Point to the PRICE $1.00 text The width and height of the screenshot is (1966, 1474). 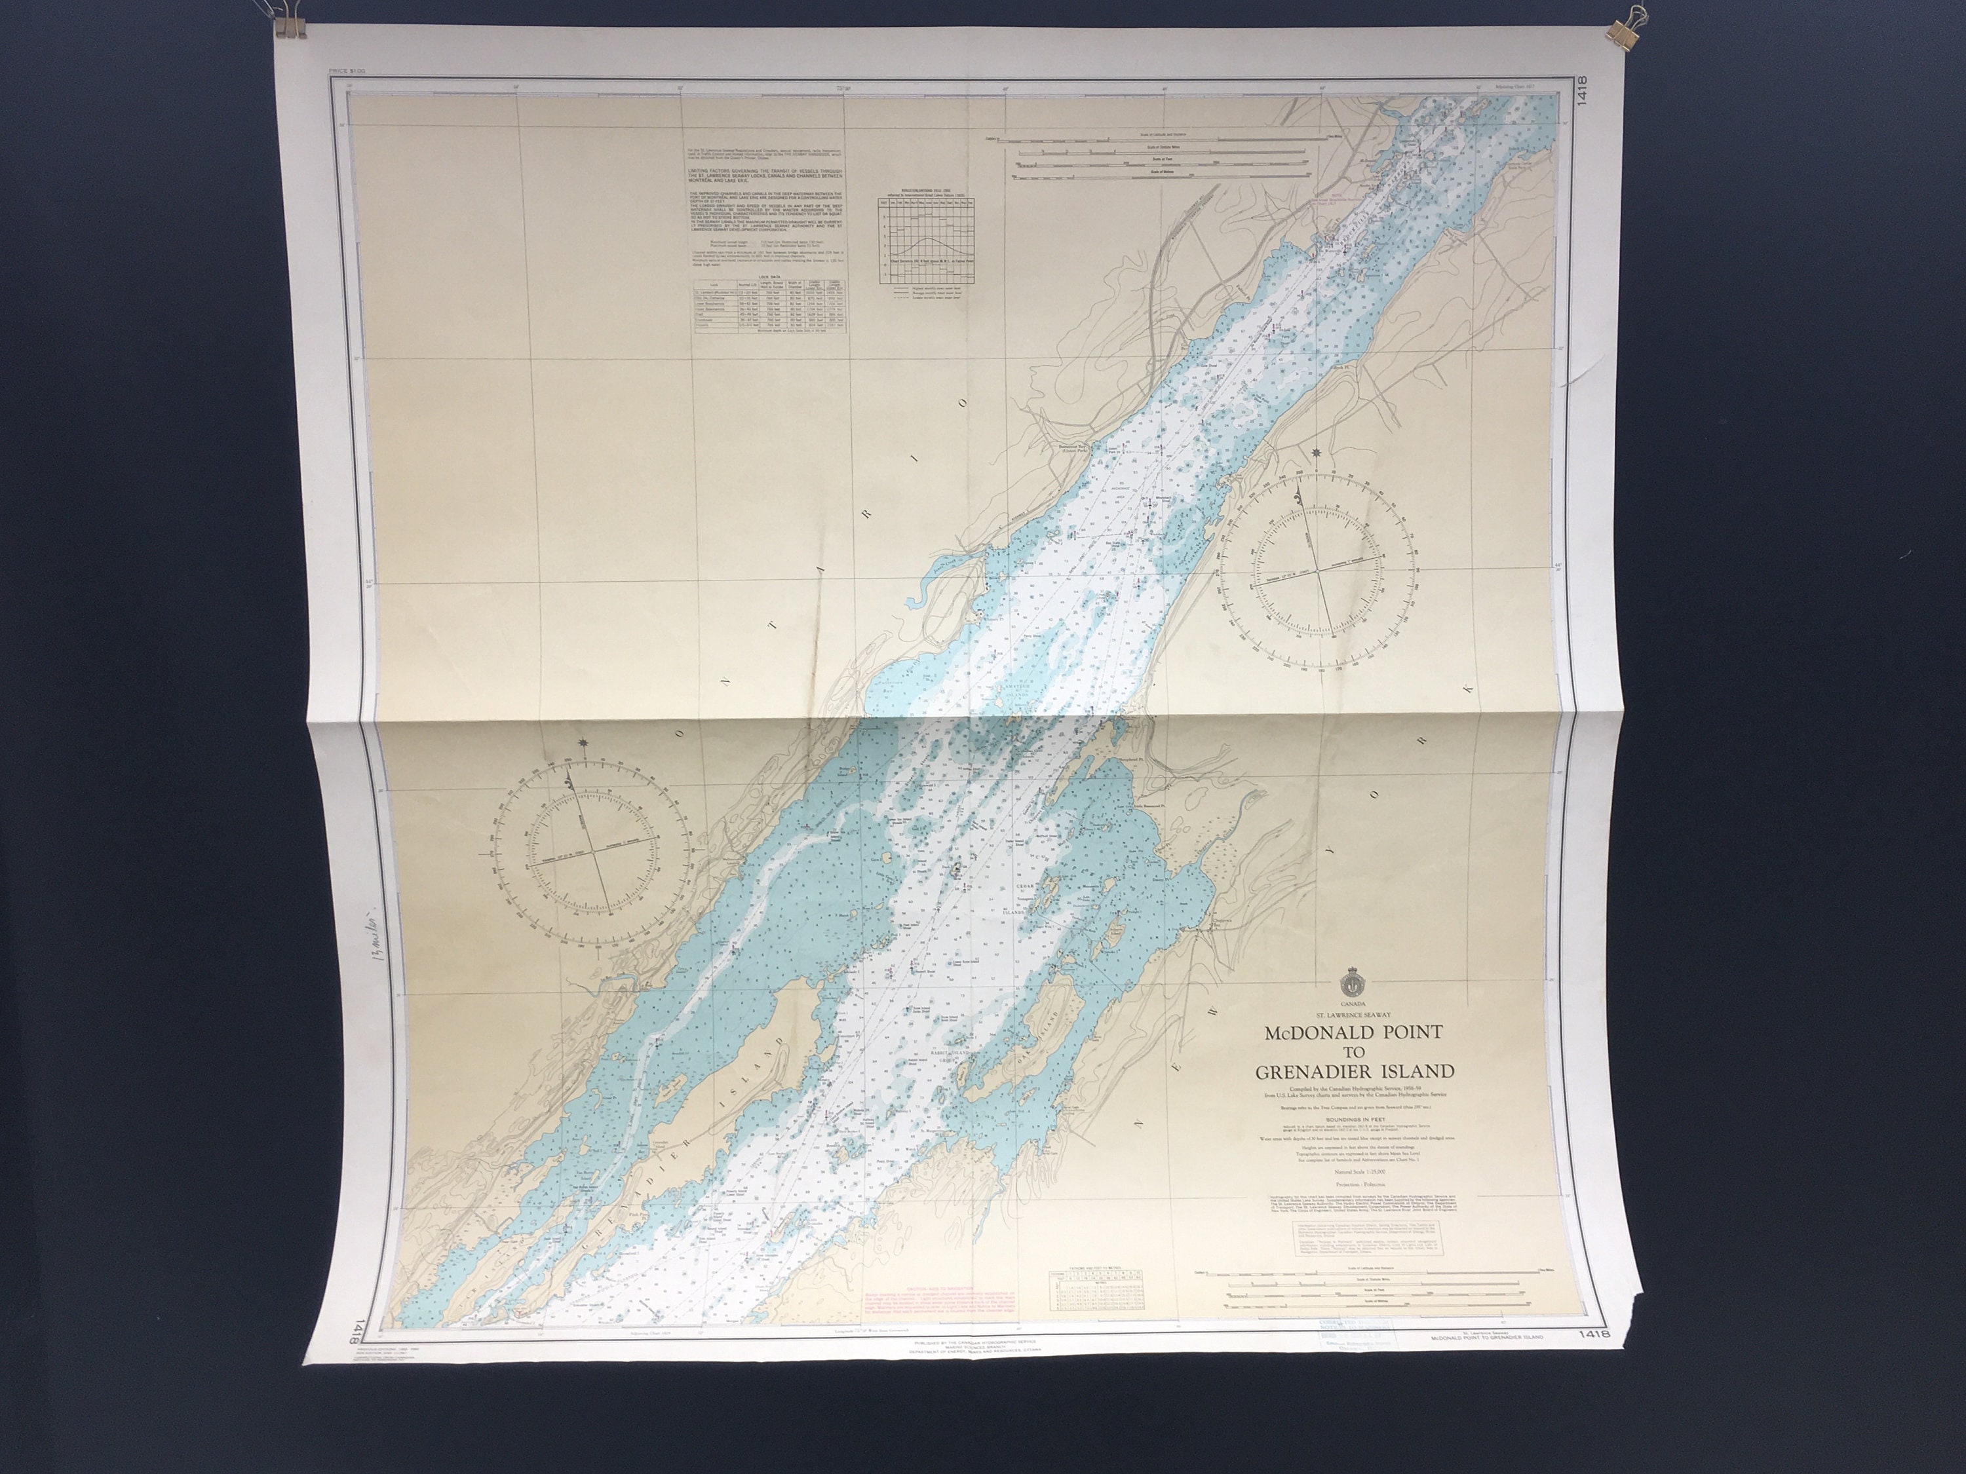(347, 70)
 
